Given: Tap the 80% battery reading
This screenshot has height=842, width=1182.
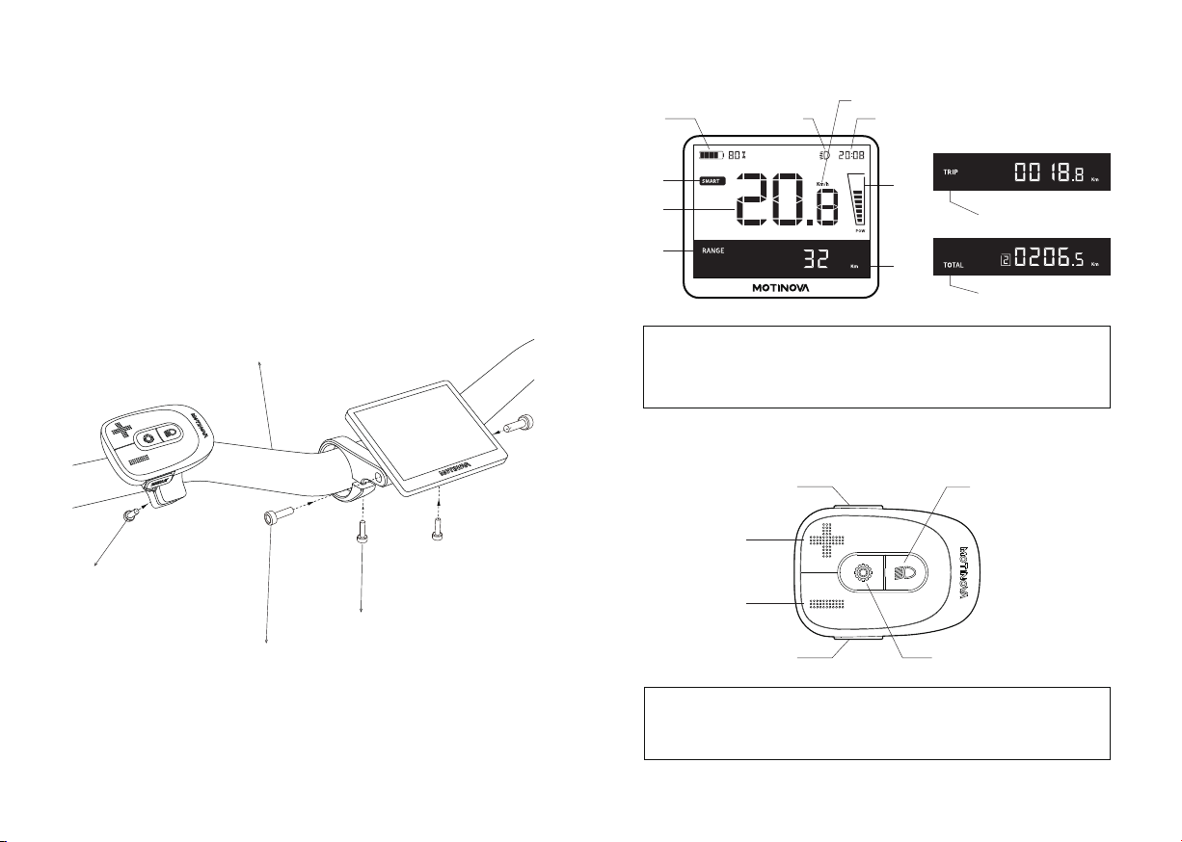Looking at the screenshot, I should click(x=738, y=154).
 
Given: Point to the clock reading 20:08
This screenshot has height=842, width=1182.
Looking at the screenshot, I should click(x=851, y=154).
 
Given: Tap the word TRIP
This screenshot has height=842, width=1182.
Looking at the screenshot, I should click(x=953, y=177).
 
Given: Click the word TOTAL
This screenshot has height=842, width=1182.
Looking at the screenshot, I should click(x=954, y=262).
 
